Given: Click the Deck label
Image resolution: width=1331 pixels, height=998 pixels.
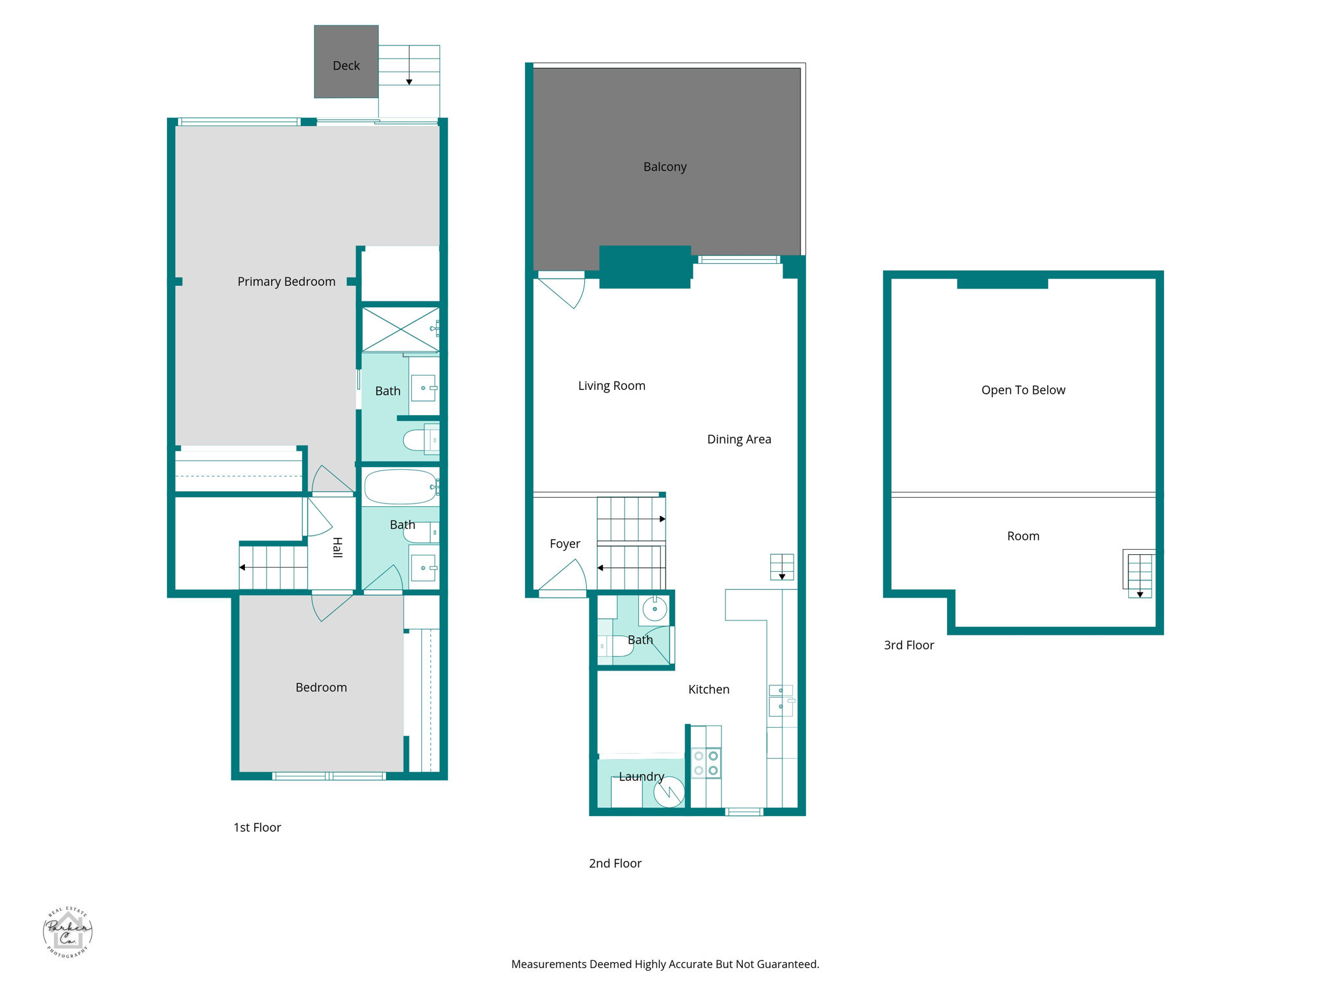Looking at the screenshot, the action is pos(346,66).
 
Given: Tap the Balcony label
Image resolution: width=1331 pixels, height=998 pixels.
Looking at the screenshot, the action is pos(665,167).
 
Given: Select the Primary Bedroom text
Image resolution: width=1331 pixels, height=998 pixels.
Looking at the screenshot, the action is pos(286,281).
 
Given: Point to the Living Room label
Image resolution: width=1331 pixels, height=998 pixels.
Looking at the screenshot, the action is pos(612,386).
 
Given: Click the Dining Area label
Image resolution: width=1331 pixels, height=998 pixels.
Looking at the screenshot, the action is pos(739,439).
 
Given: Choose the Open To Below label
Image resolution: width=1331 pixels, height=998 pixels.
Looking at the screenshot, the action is pos(1023,390).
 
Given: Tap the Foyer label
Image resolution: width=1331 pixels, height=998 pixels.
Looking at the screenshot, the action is pos(565,544).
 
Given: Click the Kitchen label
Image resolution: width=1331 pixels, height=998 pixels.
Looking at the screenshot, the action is pos(708,689).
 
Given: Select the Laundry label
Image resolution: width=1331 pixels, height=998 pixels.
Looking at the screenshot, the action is pos(641,776).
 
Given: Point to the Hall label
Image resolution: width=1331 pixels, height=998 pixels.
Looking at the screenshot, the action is pos(337,547).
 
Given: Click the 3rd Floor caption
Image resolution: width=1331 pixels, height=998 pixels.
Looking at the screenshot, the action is pos(909,645).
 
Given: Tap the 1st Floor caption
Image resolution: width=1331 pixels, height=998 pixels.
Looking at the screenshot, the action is pos(257,827).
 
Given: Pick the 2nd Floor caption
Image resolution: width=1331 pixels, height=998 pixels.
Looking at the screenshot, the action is pos(615,864).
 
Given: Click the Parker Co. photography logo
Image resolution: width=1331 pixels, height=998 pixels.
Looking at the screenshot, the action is pos(68,932).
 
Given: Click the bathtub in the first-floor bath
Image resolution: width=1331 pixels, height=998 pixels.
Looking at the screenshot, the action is pos(400,487).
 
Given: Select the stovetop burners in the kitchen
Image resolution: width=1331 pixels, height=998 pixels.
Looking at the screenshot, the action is pos(706,763).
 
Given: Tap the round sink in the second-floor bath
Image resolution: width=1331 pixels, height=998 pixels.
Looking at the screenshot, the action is pos(654,609).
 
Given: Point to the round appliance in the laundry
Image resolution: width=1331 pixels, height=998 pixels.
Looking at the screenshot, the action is pos(669,792).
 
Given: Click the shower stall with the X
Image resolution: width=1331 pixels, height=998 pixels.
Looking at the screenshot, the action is pos(400,330).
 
